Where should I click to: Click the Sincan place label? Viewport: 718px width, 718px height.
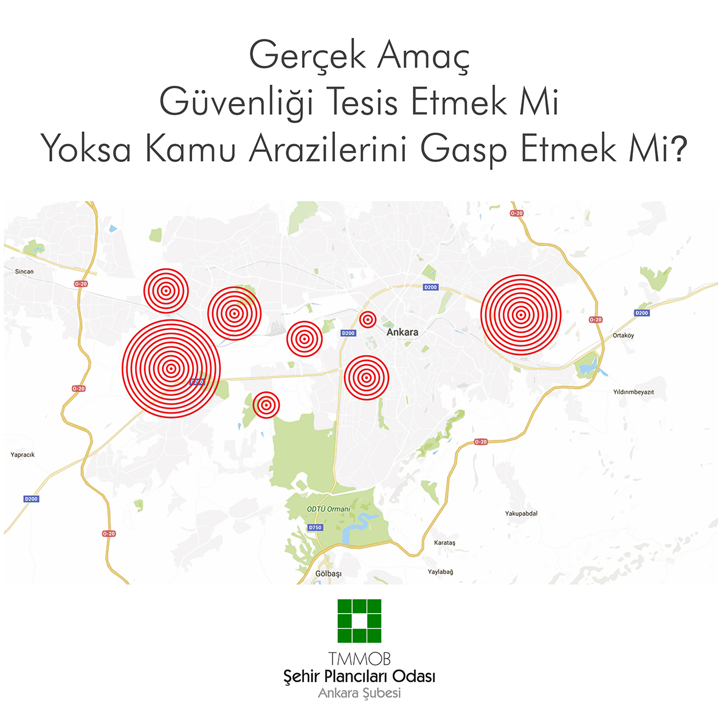point(24,272)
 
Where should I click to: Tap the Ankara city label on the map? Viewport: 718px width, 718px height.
point(402,333)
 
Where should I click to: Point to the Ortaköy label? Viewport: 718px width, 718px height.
point(623,336)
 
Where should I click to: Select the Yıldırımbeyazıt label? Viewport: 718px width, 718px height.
point(633,392)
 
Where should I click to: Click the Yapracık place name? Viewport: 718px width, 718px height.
point(22,455)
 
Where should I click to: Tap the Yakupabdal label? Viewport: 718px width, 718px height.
point(521,514)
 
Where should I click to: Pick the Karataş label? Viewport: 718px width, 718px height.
point(444,543)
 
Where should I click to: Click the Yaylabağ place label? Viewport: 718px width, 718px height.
point(440,572)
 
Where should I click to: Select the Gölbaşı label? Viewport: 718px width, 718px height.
point(328,574)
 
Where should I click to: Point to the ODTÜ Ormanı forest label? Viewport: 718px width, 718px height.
point(328,509)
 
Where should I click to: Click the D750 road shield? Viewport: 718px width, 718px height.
point(315,528)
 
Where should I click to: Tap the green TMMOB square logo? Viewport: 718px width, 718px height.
point(359,621)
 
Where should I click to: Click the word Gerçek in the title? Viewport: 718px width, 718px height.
point(308,57)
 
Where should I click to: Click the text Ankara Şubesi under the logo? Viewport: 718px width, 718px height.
point(359,693)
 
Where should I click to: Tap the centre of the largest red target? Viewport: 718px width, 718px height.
point(171,368)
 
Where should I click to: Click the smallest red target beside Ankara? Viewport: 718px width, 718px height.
point(367,319)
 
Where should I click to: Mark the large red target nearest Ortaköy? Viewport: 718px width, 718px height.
point(520,315)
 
